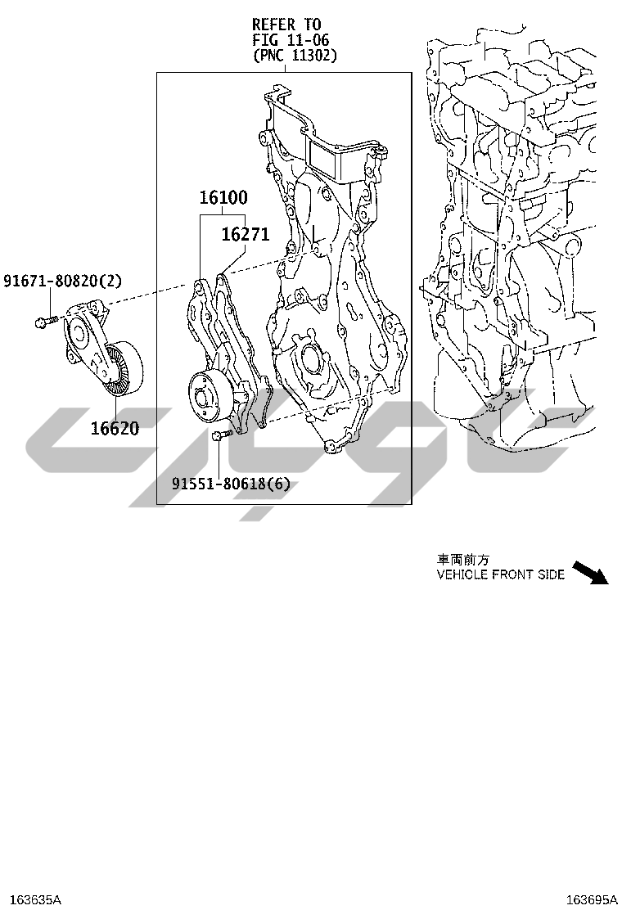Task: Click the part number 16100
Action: tap(223, 197)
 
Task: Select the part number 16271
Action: tap(246, 234)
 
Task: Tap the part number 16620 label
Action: tap(115, 428)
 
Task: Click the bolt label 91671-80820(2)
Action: tap(63, 281)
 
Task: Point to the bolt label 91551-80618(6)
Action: tap(230, 483)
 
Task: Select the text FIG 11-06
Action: tap(291, 40)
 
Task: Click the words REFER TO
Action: tap(286, 25)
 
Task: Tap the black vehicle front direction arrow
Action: tap(591, 573)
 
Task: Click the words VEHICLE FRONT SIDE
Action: tap(501, 574)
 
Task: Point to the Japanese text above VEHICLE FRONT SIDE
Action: tap(463, 560)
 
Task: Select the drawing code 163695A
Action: tap(592, 899)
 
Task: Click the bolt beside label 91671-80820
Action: tap(47, 319)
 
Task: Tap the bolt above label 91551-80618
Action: tap(222, 434)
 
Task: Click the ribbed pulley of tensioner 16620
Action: tap(123, 368)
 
